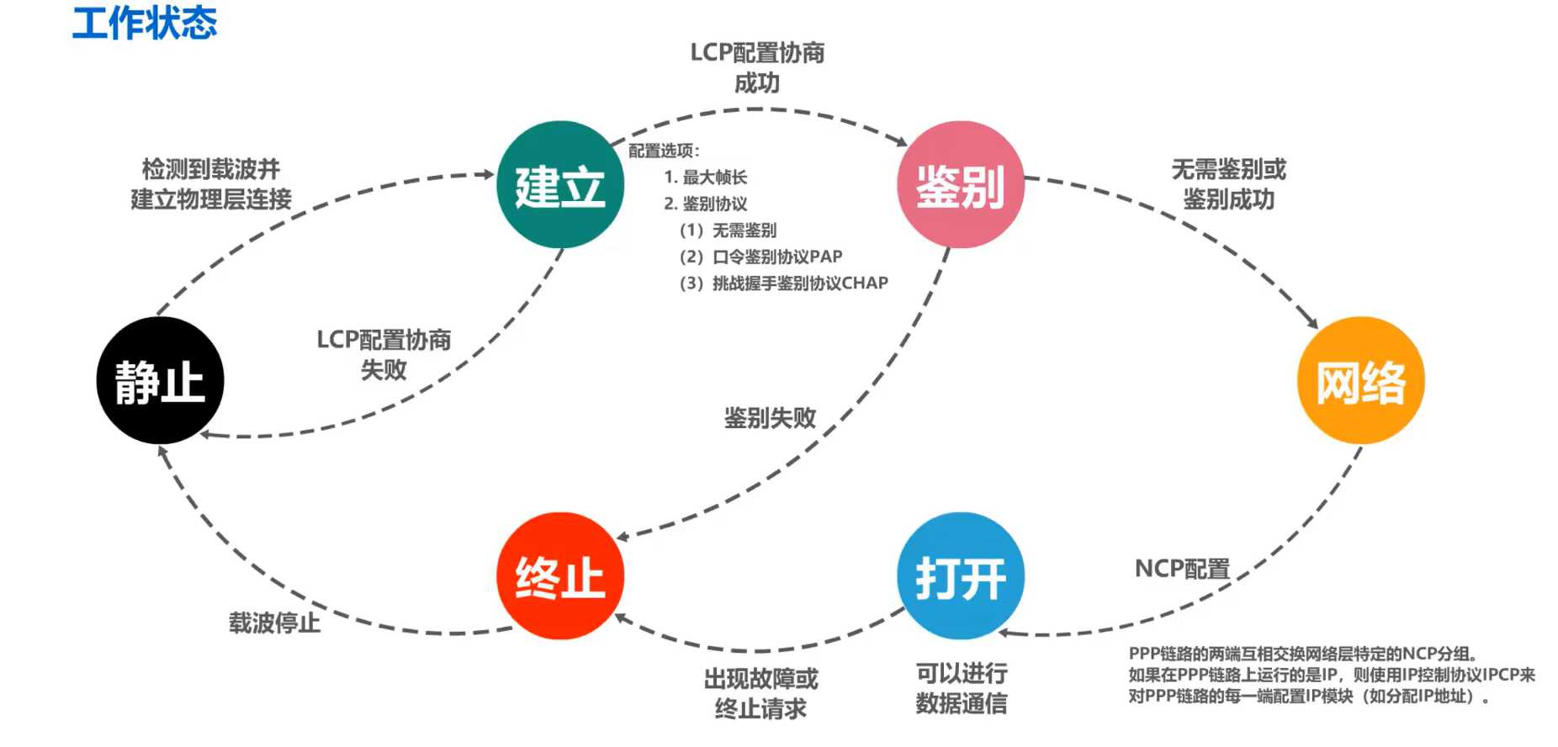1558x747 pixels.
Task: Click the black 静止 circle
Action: point(160,380)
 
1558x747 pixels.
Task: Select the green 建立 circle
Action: point(560,184)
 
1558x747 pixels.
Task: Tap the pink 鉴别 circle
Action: point(961,184)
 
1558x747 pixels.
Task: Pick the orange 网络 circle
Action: point(1360,380)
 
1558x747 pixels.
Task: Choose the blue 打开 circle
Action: point(961,576)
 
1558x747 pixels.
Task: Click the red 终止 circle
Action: point(560,576)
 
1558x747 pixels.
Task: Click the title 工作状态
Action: point(145,23)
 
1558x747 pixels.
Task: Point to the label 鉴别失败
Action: point(770,418)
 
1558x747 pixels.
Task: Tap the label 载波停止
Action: point(274,623)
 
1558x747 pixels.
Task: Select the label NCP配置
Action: point(1182,570)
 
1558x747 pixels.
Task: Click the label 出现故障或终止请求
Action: point(760,694)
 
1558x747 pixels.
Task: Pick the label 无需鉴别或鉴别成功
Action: point(1228,184)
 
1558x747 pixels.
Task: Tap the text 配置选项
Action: point(663,151)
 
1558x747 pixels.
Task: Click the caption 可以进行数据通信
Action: point(961,688)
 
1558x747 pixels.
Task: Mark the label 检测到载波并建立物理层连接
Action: point(211,184)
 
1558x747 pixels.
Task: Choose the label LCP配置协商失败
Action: point(384,354)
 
